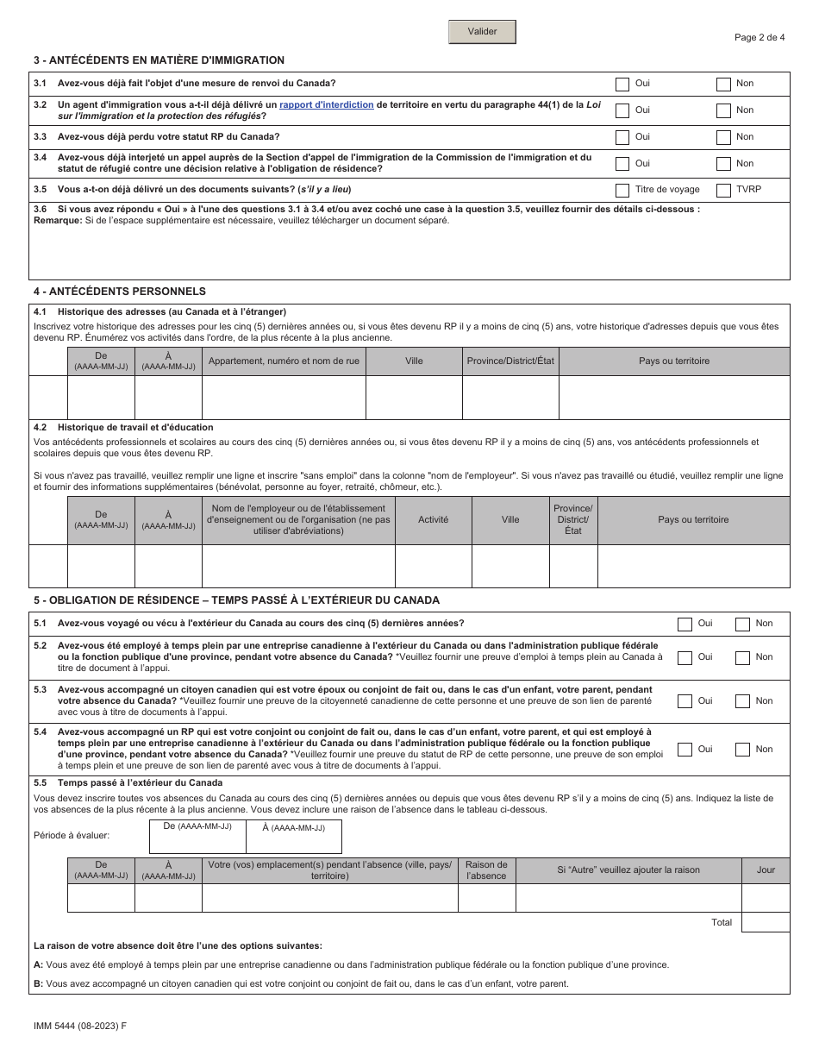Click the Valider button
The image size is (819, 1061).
click(482, 32)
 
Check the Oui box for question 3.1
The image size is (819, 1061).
click(622, 84)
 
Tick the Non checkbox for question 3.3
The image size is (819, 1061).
click(724, 137)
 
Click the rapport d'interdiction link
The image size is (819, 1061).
click(327, 105)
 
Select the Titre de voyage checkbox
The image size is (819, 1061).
click(622, 190)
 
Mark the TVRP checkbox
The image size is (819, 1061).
click(724, 190)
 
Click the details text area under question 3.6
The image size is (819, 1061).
click(410, 252)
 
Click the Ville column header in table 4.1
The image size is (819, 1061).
click(414, 361)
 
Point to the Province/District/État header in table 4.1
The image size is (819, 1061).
click(510, 361)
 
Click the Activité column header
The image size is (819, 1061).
click(433, 520)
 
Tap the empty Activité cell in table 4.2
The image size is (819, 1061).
click(433, 566)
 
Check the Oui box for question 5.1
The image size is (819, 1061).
click(685, 624)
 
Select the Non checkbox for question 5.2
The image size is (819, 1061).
click(742, 657)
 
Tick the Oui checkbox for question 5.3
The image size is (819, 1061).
click(685, 701)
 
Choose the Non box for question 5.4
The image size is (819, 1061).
click(742, 750)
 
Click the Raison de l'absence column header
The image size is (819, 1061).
click(486, 870)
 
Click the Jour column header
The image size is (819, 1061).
click(766, 870)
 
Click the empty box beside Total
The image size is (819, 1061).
click(766, 922)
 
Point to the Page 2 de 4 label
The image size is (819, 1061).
click(760, 37)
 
